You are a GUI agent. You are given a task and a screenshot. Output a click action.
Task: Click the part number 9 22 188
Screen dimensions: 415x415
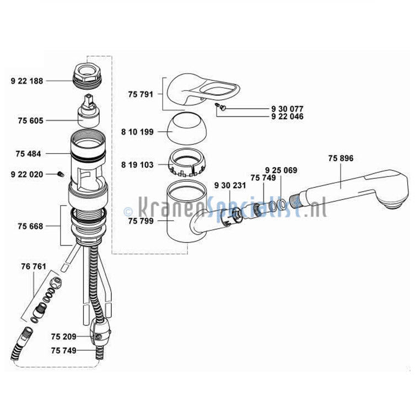click(27, 81)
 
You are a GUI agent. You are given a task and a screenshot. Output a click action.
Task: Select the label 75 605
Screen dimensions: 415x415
click(30, 121)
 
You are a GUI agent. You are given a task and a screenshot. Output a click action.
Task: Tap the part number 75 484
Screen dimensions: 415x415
click(28, 154)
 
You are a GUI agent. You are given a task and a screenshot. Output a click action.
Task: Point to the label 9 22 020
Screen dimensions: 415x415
click(27, 174)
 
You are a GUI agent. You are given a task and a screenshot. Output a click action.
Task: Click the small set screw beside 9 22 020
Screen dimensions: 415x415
click(61, 174)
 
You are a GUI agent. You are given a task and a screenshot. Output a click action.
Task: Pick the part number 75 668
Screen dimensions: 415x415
click(30, 227)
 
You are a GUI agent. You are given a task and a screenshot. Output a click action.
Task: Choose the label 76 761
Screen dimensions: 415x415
click(34, 267)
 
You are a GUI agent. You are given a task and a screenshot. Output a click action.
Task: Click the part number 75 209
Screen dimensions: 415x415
click(63, 337)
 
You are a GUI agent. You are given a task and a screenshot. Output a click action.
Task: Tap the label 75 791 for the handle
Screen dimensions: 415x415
click(141, 94)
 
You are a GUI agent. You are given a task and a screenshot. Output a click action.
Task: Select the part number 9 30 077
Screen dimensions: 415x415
click(287, 109)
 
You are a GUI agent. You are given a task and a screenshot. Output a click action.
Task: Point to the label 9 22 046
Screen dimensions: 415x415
click(287, 116)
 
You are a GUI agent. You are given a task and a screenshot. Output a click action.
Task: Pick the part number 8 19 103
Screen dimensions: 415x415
click(137, 165)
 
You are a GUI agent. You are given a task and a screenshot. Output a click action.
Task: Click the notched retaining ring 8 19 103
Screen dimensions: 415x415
click(187, 163)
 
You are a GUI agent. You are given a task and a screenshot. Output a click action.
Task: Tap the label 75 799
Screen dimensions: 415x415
click(141, 221)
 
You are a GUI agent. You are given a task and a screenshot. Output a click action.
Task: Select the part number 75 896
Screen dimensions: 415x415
click(341, 158)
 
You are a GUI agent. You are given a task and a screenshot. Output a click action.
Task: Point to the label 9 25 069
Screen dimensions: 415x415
click(281, 170)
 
